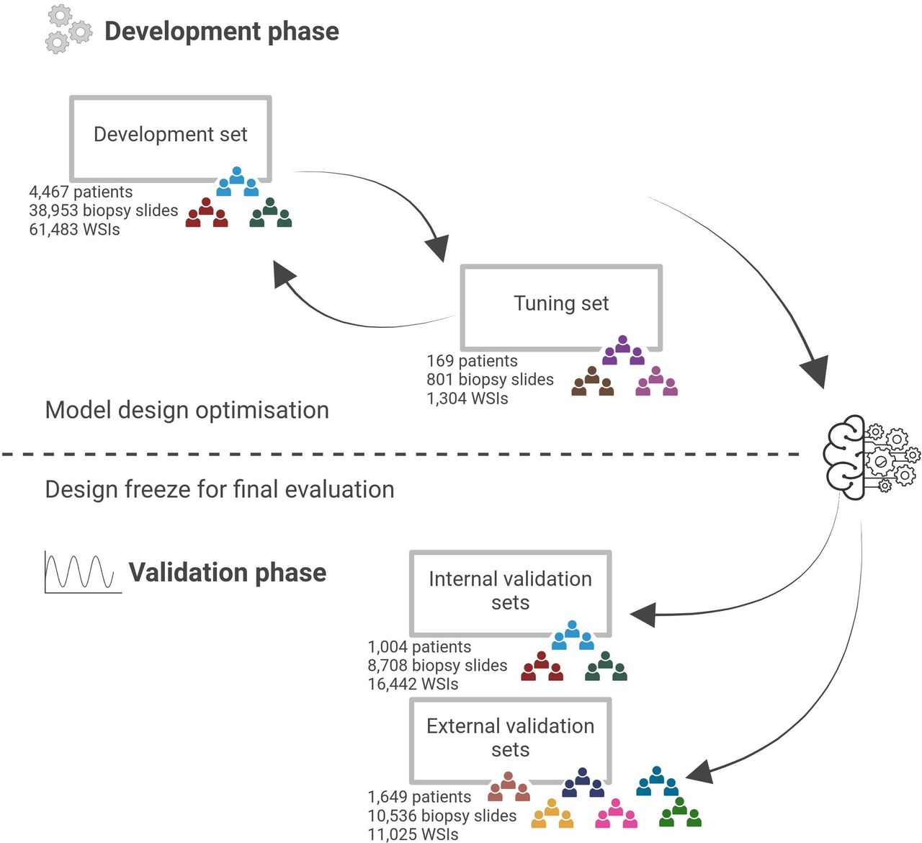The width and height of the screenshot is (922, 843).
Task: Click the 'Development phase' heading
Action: (x=222, y=32)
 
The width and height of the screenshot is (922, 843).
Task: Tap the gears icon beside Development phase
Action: (x=69, y=30)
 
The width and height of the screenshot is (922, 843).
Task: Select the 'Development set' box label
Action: (x=171, y=134)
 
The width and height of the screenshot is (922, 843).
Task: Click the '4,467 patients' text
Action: (x=81, y=192)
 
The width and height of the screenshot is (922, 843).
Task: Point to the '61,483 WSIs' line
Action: (x=74, y=229)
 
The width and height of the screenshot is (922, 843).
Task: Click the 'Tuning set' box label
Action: (x=561, y=303)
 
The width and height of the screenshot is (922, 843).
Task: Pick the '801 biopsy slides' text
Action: (x=490, y=380)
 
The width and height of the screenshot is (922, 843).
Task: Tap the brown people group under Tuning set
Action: (x=592, y=381)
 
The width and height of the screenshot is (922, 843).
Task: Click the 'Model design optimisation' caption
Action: (x=187, y=410)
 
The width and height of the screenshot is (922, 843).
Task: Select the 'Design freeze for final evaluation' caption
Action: (x=220, y=489)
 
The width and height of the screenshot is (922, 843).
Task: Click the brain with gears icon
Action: (x=872, y=457)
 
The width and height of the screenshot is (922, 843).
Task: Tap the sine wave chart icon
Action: (x=83, y=571)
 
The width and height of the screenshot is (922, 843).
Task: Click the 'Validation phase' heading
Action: (x=228, y=573)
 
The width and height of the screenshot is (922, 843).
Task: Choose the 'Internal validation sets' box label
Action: (x=510, y=591)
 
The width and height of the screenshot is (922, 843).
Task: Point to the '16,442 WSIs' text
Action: (x=413, y=684)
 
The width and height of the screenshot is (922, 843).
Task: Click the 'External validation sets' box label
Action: (x=510, y=738)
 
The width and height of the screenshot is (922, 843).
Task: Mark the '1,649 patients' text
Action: (x=419, y=797)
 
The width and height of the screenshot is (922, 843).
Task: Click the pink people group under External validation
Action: (x=617, y=813)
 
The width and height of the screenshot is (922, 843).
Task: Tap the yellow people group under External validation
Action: (x=552, y=813)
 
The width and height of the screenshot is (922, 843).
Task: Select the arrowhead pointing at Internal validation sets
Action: (x=643, y=614)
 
